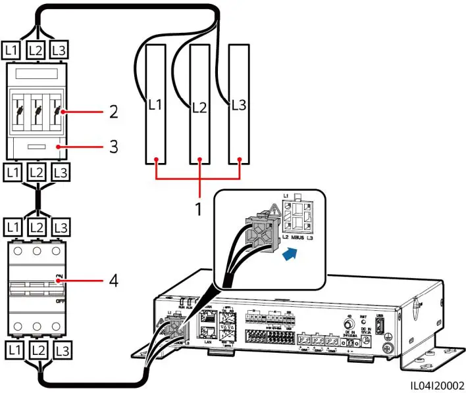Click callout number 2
pyautogui.click(x=114, y=112)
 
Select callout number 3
pyautogui.click(x=114, y=147)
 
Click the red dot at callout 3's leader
pyautogui.click(x=60, y=147)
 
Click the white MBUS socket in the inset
pyautogui.click(x=302, y=215)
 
